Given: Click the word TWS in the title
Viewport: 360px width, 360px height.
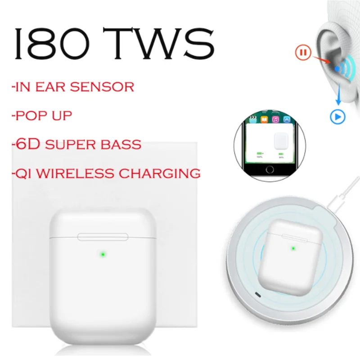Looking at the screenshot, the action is point(159,43).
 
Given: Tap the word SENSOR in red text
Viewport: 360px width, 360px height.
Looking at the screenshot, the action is point(102,87).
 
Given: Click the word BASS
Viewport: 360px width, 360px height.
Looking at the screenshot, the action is point(121,144).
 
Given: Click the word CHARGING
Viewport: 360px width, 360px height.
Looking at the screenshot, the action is point(160,173).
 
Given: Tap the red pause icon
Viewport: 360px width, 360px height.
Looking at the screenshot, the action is point(303,52).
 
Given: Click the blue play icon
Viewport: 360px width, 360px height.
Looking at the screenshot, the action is point(337,117).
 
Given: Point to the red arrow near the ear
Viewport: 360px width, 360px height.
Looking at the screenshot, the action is point(322,60).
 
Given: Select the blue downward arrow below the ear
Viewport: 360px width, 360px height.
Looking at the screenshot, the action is point(338,94).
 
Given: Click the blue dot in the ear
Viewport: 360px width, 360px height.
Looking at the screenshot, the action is point(337,69).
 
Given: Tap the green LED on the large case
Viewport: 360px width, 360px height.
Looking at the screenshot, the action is point(103,254).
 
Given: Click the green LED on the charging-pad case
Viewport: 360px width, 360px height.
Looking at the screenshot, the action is point(293,248).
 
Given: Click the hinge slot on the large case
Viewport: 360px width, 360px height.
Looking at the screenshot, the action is point(103,237).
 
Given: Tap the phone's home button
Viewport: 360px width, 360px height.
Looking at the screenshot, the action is point(270,170).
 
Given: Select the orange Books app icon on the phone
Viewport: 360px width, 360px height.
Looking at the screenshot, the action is point(264,119).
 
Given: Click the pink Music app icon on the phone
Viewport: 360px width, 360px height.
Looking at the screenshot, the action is point(275,119).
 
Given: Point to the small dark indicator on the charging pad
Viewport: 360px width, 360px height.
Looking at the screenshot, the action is point(258,295).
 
